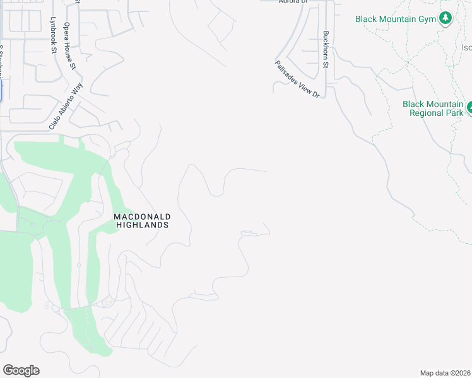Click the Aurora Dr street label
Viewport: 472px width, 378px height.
pyautogui.click(x=292, y=2)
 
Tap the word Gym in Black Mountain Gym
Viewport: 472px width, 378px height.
pyautogui.click(x=426, y=19)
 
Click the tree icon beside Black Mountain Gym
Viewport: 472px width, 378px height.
pyautogui.click(x=446, y=18)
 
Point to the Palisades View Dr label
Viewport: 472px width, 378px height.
pyautogui.click(x=297, y=79)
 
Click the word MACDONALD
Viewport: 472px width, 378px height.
pyautogui.click(x=142, y=217)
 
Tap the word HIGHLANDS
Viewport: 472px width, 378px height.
pyautogui.click(x=142, y=225)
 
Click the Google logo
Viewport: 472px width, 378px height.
pyautogui.click(x=21, y=370)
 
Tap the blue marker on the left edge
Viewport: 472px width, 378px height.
pyautogui.click(x=1, y=90)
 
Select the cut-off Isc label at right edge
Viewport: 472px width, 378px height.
pyautogui.click(x=466, y=47)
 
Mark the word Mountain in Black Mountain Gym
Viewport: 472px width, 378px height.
pyautogui.click(x=396, y=19)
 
